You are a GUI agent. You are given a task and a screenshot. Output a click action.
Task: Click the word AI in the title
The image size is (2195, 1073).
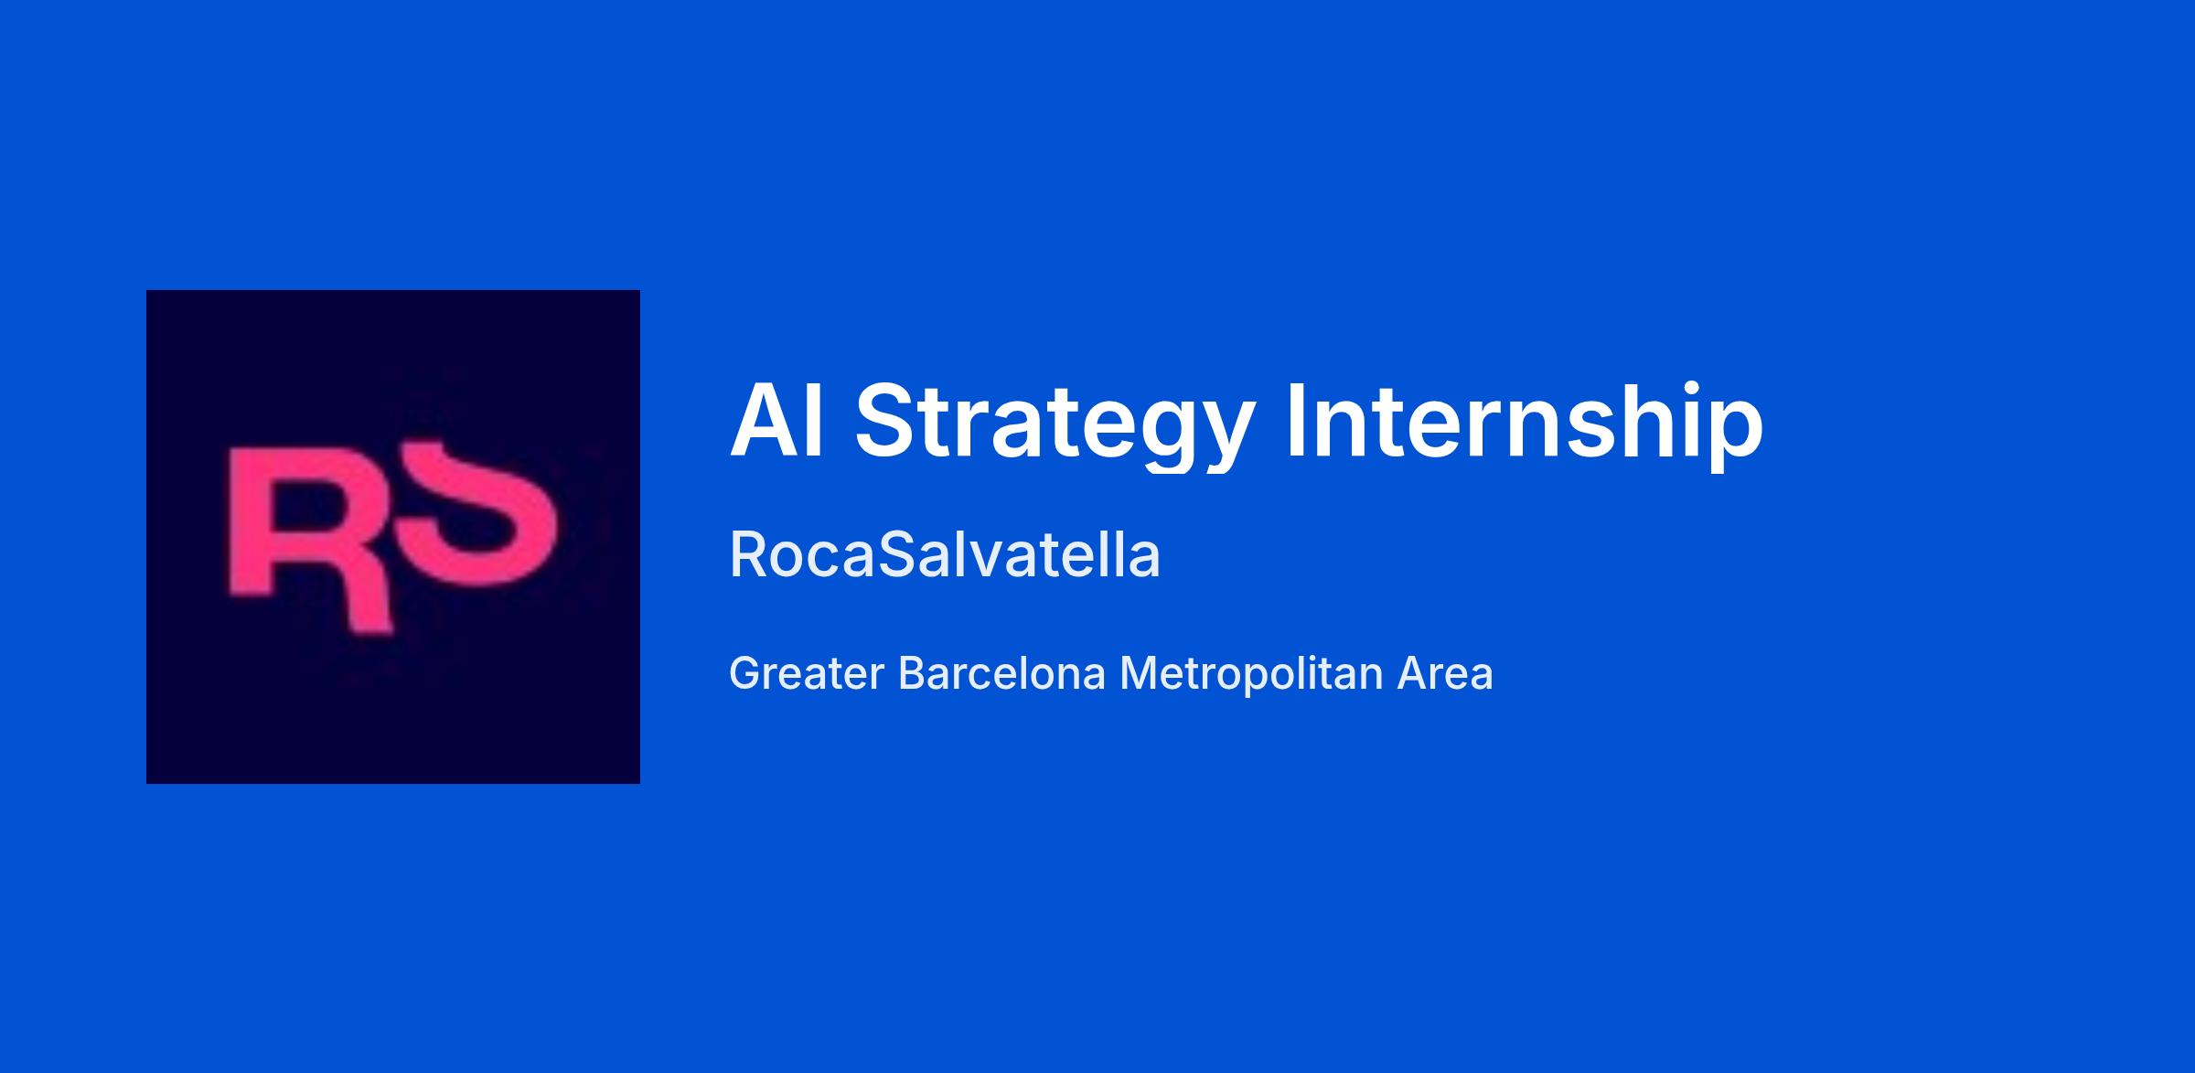[777, 421]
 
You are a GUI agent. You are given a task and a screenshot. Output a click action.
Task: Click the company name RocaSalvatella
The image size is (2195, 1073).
[945, 554]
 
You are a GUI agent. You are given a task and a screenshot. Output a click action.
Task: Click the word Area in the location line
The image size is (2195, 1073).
[1445, 673]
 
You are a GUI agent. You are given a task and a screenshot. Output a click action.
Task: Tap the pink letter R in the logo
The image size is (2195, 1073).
[311, 540]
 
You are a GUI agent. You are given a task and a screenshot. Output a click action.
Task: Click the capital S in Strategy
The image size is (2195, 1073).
[886, 421]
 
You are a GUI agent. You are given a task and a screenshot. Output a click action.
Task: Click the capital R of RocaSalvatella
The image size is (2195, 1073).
[749, 554]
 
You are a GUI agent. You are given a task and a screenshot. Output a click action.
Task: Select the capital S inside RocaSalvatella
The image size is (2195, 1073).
[897, 554]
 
